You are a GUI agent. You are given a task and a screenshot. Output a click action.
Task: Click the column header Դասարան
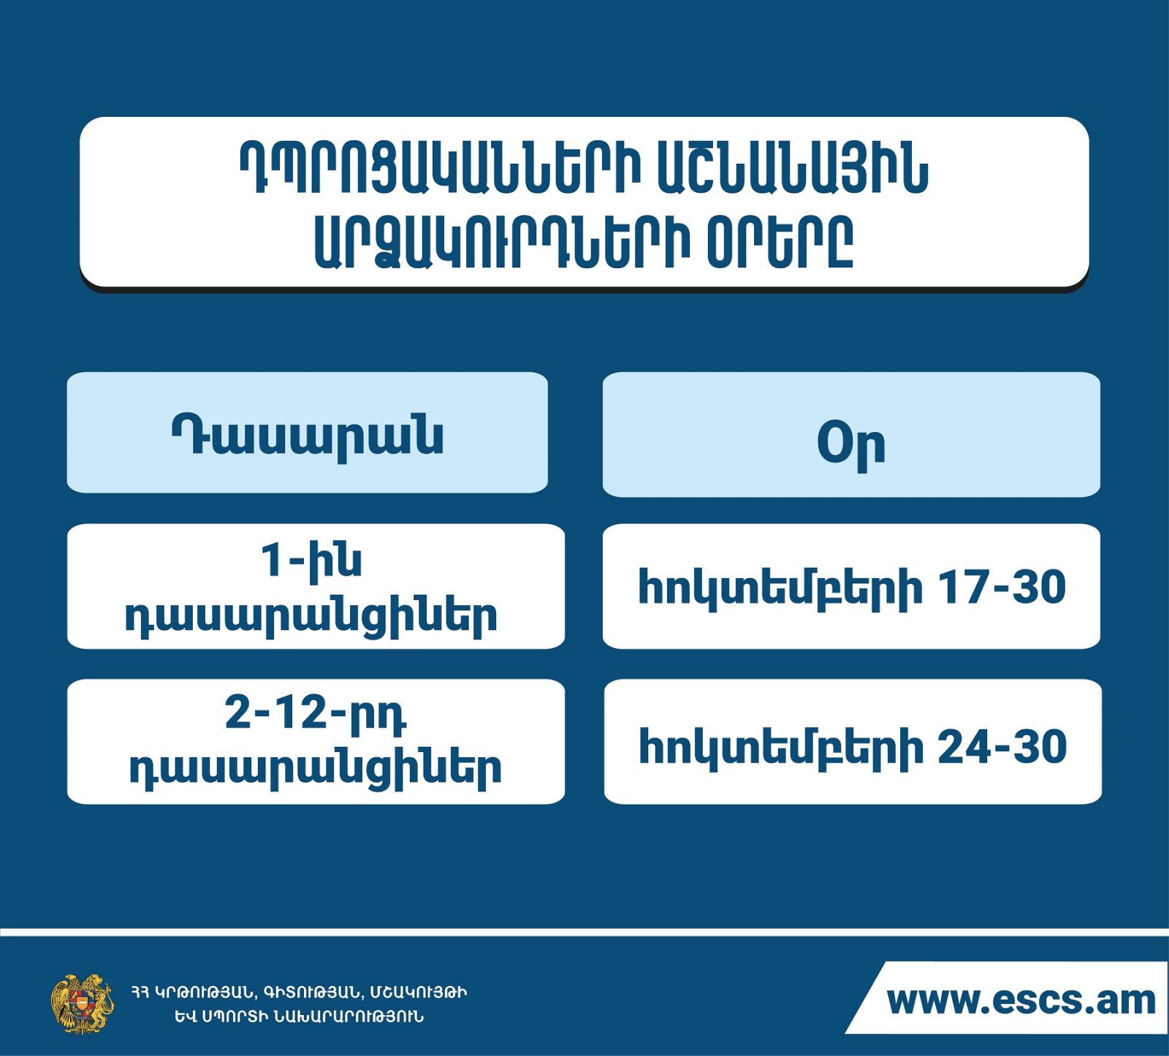click(308, 436)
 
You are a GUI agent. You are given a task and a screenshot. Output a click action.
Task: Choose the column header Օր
click(851, 443)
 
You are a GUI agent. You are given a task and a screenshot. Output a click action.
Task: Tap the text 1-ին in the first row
click(311, 561)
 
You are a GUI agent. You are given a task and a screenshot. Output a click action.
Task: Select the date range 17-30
click(1002, 587)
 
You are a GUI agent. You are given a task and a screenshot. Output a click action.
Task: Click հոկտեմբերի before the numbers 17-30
click(780, 589)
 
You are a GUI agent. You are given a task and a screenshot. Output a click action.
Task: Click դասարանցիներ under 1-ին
click(311, 618)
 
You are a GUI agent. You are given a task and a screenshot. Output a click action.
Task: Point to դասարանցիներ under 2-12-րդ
click(315, 770)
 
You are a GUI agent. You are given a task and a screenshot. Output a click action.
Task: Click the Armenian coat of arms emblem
click(82, 1003)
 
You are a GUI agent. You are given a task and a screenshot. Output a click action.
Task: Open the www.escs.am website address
click(1021, 1000)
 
